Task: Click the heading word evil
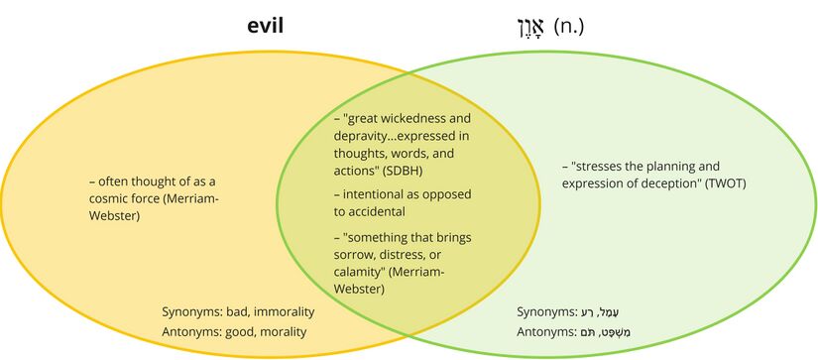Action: (x=265, y=26)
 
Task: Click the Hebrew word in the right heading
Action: (x=531, y=27)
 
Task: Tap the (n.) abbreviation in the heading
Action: (x=569, y=26)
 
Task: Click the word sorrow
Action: (x=354, y=255)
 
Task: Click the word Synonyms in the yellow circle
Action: (x=194, y=312)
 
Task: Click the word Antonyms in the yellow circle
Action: (x=195, y=331)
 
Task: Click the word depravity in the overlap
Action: (x=363, y=136)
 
